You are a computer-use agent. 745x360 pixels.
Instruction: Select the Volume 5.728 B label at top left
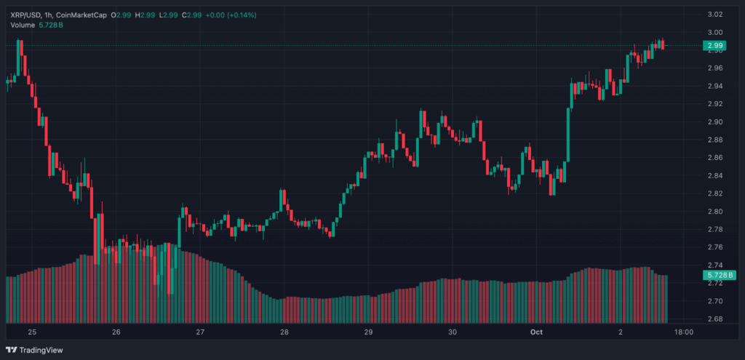36,25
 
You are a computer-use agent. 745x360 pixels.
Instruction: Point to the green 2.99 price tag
713,46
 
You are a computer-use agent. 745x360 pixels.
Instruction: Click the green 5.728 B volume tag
719,275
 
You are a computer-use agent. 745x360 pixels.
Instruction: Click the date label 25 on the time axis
32,332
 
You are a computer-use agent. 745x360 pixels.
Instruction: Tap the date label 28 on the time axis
284,332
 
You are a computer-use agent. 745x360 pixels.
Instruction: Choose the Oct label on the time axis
537,332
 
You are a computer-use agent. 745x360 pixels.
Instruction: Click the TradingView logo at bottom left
36,350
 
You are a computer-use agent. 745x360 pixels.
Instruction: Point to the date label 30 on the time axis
453,332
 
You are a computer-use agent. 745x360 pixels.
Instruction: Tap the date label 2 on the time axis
620,332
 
